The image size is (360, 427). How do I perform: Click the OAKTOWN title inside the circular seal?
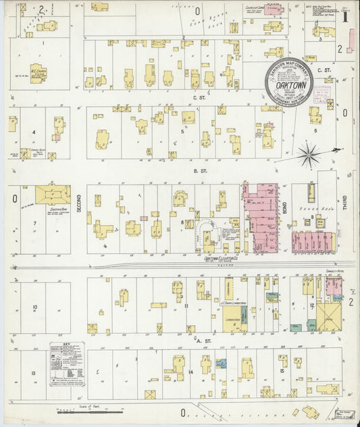click(x=288, y=86)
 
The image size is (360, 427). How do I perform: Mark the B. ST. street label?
click(x=199, y=172)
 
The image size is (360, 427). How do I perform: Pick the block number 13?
click(x=32, y=372)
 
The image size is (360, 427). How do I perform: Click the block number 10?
click(x=34, y=307)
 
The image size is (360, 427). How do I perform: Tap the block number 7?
click(x=33, y=222)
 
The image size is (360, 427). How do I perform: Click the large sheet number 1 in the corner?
click(x=344, y=14)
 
